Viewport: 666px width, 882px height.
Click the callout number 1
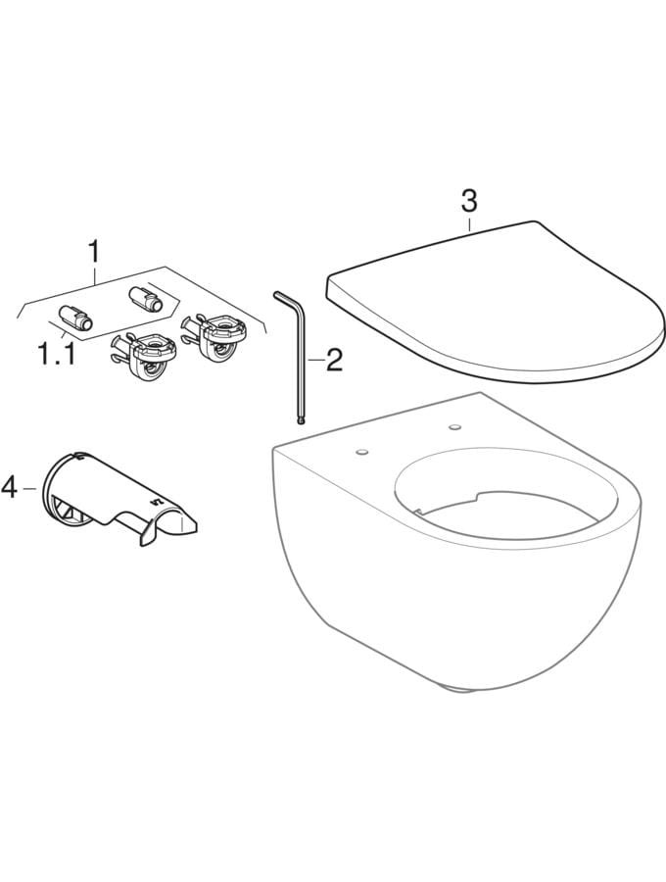[x=94, y=252]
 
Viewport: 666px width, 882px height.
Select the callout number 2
[x=334, y=360]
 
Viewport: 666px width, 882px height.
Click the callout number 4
[x=10, y=487]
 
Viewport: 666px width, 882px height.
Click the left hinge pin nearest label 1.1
[x=75, y=318]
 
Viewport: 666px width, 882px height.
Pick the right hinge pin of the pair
[x=146, y=299]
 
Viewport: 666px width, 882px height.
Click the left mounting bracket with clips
[x=143, y=357]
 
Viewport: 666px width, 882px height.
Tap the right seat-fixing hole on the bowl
[x=453, y=427]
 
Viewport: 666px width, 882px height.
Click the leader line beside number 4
[x=28, y=488]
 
